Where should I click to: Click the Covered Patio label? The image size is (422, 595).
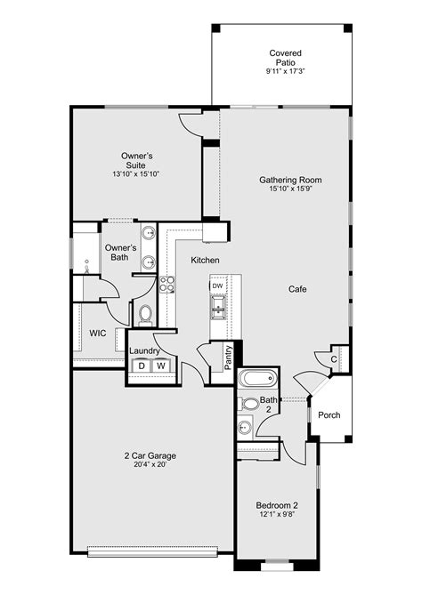point(284,59)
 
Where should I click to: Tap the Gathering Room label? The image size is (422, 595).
point(290,181)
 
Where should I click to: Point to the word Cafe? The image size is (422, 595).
point(297,290)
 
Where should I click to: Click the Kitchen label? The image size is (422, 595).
point(205,260)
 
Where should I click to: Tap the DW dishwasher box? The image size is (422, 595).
point(217,285)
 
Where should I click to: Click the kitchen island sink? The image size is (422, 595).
point(217,308)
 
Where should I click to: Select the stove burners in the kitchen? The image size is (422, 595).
point(166,284)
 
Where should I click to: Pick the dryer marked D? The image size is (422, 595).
point(141,366)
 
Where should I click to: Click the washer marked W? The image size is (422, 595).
point(161,366)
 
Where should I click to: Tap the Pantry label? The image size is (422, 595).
point(228,358)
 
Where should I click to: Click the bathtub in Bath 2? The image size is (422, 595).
point(256,379)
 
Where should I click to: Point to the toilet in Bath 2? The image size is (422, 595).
point(250,404)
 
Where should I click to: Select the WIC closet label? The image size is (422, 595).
point(98,334)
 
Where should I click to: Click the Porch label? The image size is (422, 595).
point(329,414)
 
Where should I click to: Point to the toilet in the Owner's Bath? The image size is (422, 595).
point(144,313)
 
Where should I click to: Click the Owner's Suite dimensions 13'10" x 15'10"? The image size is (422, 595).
point(137,174)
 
